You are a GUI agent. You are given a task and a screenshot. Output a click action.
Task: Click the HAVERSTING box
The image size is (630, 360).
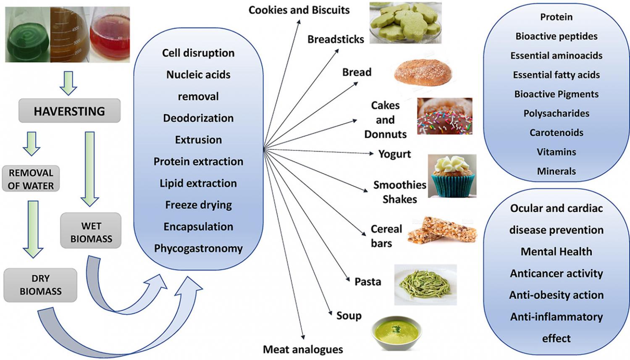[x=69, y=110]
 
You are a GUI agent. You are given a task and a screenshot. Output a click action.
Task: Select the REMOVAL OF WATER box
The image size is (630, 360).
[x=31, y=179]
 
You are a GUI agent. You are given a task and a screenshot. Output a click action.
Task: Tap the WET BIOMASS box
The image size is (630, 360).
[x=91, y=231]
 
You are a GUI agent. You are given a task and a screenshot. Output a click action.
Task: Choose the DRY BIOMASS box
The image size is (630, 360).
[x=40, y=285]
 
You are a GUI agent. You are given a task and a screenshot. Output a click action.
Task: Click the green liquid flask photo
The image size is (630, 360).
[x=28, y=34]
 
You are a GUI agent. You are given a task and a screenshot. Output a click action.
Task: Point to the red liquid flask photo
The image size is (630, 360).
[x=110, y=34]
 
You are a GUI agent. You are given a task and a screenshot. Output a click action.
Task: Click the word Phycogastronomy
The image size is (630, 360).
[x=198, y=248]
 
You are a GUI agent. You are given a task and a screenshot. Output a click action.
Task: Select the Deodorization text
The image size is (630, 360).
[x=198, y=118]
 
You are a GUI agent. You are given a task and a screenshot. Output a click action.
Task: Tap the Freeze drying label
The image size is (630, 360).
[x=198, y=205]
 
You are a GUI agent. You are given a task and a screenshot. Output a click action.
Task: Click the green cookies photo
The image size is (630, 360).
[x=406, y=23]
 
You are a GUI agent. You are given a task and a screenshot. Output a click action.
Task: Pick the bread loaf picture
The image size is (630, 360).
[x=423, y=73]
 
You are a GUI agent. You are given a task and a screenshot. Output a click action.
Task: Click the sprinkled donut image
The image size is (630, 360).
[x=445, y=116]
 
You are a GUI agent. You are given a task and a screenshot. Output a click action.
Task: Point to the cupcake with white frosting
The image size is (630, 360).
[x=452, y=176]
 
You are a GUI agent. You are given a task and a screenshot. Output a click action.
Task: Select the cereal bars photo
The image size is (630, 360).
[x=442, y=230]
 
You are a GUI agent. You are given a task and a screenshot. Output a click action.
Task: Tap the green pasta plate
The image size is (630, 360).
[x=425, y=285]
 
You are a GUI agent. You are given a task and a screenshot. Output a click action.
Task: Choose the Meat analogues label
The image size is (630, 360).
[x=303, y=349]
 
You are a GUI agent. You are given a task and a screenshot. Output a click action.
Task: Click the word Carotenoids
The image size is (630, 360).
[x=556, y=132]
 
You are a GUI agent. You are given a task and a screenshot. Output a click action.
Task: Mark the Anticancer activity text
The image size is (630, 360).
[x=556, y=273]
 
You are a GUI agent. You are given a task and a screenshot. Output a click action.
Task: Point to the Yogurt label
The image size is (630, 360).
[x=394, y=154]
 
